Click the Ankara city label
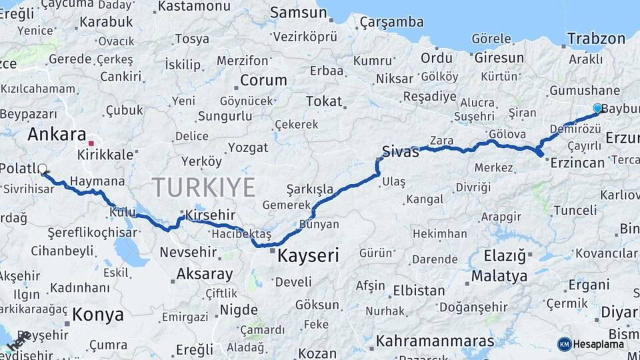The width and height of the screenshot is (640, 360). [57, 134]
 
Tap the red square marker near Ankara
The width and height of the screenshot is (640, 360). [91, 143]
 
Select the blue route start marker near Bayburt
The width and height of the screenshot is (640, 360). [597, 108]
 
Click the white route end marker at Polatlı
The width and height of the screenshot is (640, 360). [43, 169]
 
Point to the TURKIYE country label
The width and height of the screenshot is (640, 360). [203, 187]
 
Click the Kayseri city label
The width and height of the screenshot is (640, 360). [308, 255]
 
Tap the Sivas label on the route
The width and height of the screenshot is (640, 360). [400, 151]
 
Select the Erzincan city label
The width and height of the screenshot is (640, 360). [577, 162]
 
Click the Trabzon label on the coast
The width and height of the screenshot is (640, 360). [596, 39]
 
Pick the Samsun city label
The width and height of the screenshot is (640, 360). [298, 12]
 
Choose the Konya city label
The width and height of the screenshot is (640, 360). [97, 314]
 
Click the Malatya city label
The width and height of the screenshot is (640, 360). [499, 275]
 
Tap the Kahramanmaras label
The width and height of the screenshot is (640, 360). [435, 341]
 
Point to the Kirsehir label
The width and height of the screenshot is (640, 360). [211, 215]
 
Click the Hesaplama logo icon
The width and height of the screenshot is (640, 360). [565, 344]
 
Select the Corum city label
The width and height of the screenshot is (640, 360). [263, 80]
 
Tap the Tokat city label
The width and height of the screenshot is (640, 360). [323, 101]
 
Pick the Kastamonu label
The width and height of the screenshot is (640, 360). [194, 7]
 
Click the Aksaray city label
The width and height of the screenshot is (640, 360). [205, 273]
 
